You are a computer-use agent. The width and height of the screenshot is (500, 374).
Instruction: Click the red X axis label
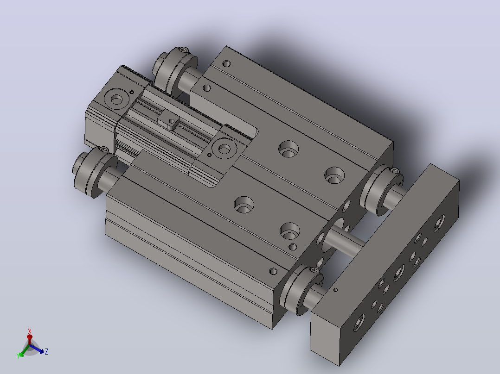coord(30,331)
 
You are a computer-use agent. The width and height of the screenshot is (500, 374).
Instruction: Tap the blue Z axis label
coord(46,351)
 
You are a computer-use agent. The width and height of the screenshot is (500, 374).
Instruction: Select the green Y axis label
coord(18,355)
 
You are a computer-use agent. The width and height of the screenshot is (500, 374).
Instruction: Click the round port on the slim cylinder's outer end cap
coord(116,100)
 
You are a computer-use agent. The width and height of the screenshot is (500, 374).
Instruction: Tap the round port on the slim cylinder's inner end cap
coord(224,149)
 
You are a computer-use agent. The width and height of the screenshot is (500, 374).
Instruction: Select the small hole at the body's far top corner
coord(227,64)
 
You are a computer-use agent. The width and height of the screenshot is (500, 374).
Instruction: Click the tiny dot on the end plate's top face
coord(335,290)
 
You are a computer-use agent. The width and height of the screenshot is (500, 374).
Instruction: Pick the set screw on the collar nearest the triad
coord(104,149)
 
